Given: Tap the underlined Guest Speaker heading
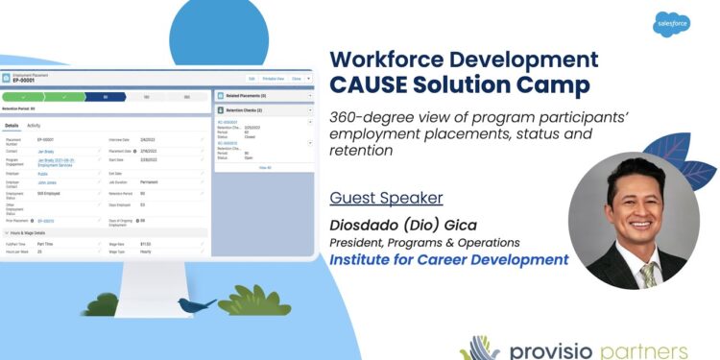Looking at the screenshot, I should coord(386,198).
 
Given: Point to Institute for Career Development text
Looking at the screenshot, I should coord(448,260).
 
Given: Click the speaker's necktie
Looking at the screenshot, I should coord(648,275).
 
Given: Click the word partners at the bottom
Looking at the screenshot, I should coord(653,348).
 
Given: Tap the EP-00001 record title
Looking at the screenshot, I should coord(24,81).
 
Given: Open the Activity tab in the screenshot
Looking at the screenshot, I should coord(34,126).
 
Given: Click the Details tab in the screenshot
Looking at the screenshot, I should coord(12,126).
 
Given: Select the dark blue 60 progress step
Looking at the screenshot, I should coord(104,97).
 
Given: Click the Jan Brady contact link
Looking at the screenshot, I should coord(46,151).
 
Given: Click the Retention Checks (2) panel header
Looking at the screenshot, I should coord(239,110).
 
